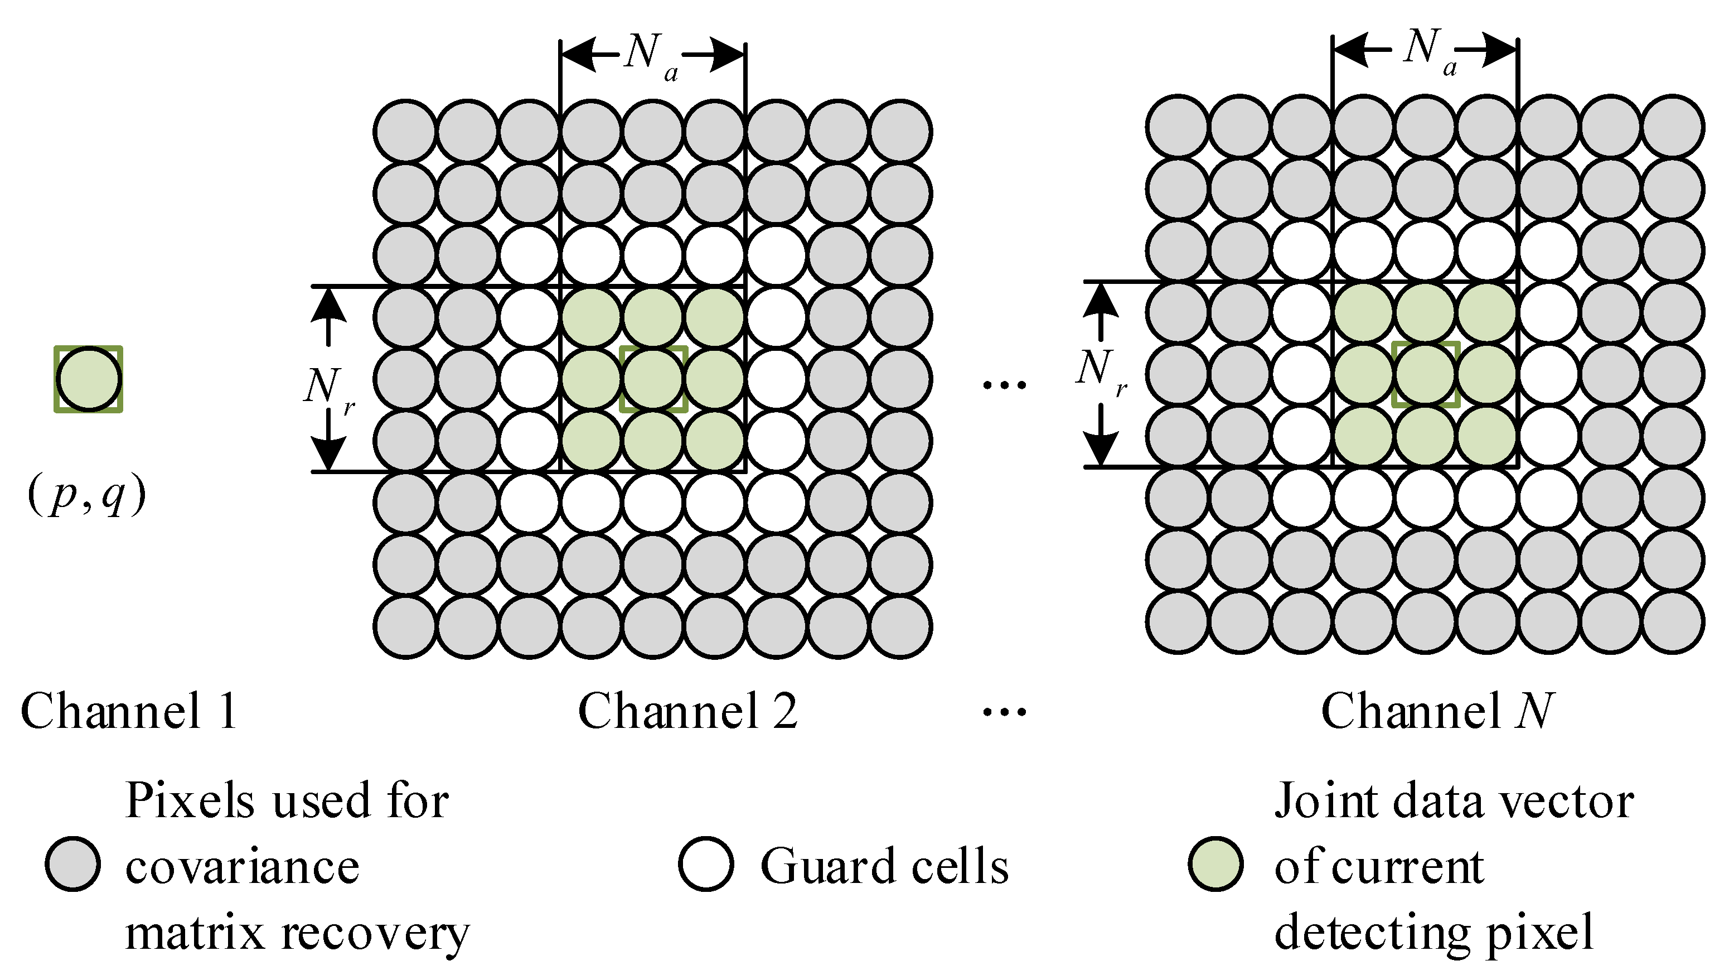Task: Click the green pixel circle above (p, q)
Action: point(89,379)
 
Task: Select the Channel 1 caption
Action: point(129,711)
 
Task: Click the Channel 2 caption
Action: point(688,711)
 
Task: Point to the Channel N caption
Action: point(1437,711)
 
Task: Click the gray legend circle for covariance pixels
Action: point(73,864)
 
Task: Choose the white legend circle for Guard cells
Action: point(705,864)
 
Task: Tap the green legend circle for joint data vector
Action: point(1215,864)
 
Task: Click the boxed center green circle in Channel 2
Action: point(653,379)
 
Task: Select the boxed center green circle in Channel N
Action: point(1426,374)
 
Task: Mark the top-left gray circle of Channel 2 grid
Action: point(406,132)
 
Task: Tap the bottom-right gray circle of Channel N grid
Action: point(1673,622)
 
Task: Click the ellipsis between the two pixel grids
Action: point(1004,385)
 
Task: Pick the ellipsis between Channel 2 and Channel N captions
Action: point(1004,712)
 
